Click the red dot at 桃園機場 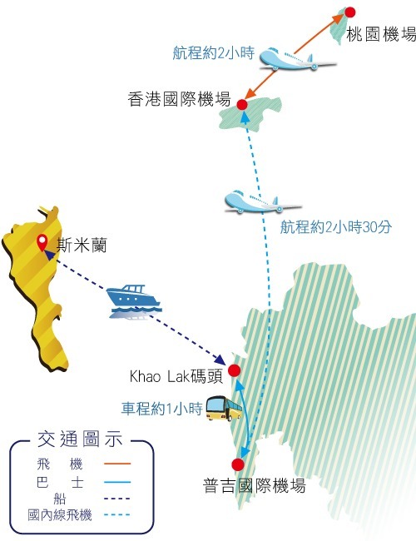tap(350, 12)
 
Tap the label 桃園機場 tap(381, 34)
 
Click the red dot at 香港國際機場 tap(242, 104)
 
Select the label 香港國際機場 tap(179, 99)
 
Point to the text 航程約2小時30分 tap(335, 227)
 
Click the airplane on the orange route tap(297, 60)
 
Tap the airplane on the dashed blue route tap(263, 201)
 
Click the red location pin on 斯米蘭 tap(42, 242)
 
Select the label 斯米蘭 tap(82, 246)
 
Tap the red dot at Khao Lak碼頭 tap(235, 370)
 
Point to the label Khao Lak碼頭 tap(176, 377)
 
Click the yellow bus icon tap(224, 408)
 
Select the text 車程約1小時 tap(161, 409)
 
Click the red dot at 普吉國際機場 tap(238, 464)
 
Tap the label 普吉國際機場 tap(255, 485)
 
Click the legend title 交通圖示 tap(80, 439)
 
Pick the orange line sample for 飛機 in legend tap(117, 464)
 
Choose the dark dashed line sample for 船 tap(117, 499)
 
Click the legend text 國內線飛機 tap(60, 515)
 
